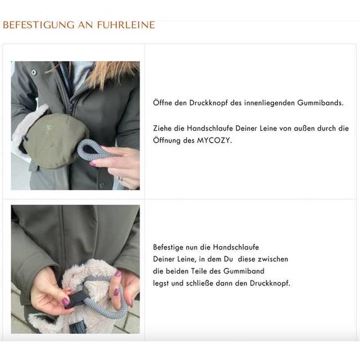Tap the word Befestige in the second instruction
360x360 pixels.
coord(171,247)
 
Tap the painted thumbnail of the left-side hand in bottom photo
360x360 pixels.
coord(66,302)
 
